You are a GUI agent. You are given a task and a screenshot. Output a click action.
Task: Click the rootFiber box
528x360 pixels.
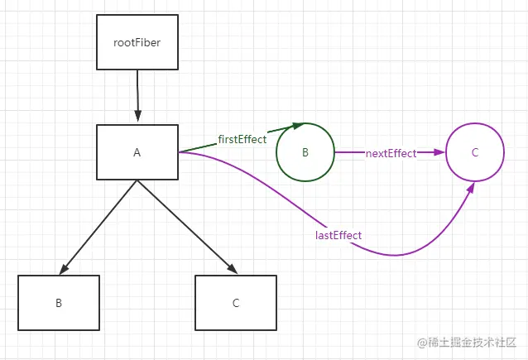(x=137, y=41)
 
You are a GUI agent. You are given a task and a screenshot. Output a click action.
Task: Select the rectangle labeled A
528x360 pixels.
(x=137, y=152)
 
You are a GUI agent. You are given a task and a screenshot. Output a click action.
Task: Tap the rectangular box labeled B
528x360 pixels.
(x=59, y=303)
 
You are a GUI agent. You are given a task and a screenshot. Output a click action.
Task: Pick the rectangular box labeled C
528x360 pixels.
(x=236, y=303)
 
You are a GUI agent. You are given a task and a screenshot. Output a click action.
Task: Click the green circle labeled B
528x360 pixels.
(x=305, y=152)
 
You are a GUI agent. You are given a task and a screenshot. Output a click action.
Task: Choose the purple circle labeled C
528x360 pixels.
(x=474, y=152)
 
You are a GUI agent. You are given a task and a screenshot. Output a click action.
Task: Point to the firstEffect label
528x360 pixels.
(x=242, y=139)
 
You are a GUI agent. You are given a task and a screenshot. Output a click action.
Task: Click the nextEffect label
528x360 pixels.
(x=391, y=153)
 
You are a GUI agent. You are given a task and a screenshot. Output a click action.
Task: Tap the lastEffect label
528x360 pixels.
(x=338, y=236)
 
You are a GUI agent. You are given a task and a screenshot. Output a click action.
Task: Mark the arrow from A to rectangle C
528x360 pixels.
(x=185, y=226)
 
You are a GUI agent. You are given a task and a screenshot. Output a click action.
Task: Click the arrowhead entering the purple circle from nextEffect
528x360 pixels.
(x=439, y=152)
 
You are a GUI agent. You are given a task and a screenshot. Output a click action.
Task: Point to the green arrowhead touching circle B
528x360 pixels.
(x=296, y=126)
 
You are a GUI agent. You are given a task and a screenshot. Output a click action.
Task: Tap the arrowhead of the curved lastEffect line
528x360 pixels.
(x=471, y=189)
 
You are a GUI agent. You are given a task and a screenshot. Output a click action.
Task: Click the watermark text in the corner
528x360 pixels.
(x=468, y=343)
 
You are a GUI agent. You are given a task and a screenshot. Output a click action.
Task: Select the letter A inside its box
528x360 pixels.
(x=137, y=152)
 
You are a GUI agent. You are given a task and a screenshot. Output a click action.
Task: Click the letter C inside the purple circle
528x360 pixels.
(x=474, y=152)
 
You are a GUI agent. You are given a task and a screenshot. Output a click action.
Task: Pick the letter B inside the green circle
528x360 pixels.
(x=305, y=152)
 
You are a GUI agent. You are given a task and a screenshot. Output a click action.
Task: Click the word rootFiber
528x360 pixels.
(x=137, y=41)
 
